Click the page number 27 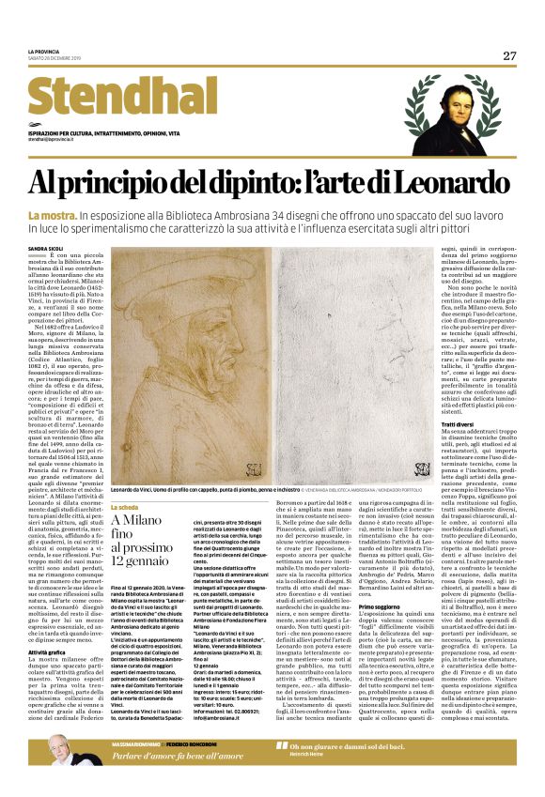tap(509, 55)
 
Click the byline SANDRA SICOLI tap(47, 248)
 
